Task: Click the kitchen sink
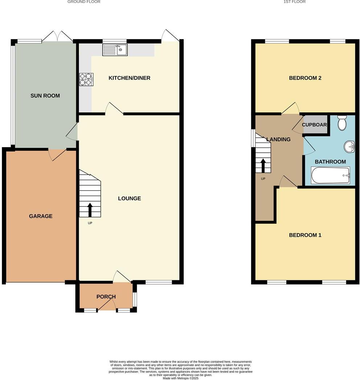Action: point(115,50)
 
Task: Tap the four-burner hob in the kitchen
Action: point(86,79)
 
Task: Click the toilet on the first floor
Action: point(342,123)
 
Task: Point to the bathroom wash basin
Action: point(349,147)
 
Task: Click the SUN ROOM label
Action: point(45,96)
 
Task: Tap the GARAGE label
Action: point(41,216)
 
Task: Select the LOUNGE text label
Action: point(129,198)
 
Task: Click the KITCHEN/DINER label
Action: point(130,78)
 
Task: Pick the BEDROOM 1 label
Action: point(305,235)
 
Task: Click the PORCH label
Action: point(106,297)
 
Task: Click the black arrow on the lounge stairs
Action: point(90,210)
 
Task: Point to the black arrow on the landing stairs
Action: point(263,165)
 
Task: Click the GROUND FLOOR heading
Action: point(84,2)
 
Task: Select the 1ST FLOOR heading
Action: point(294,2)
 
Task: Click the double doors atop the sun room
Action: point(57,37)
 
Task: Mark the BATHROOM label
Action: point(330,162)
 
